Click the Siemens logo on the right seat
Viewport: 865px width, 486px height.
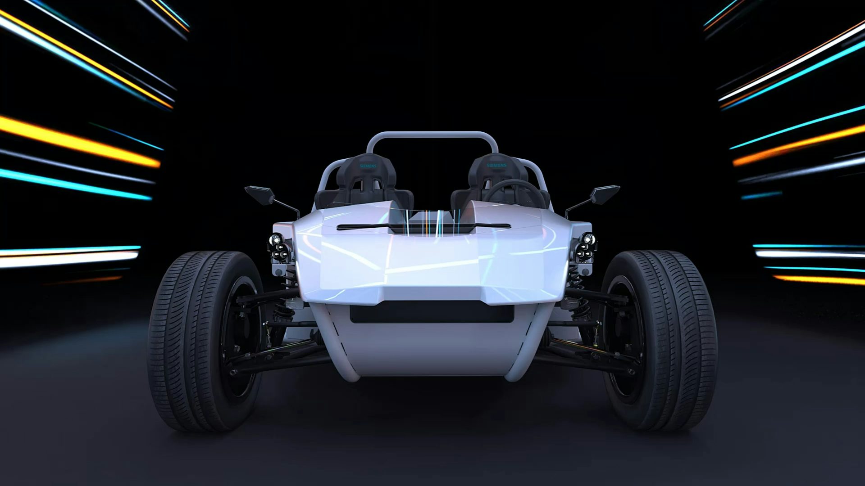496,166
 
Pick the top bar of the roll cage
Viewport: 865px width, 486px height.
432,134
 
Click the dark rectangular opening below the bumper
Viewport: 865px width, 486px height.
432,312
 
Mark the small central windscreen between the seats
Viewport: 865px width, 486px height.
432,220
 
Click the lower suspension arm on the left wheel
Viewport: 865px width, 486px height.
279,358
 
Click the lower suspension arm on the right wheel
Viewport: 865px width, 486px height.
586,358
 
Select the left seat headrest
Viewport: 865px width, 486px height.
369,169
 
